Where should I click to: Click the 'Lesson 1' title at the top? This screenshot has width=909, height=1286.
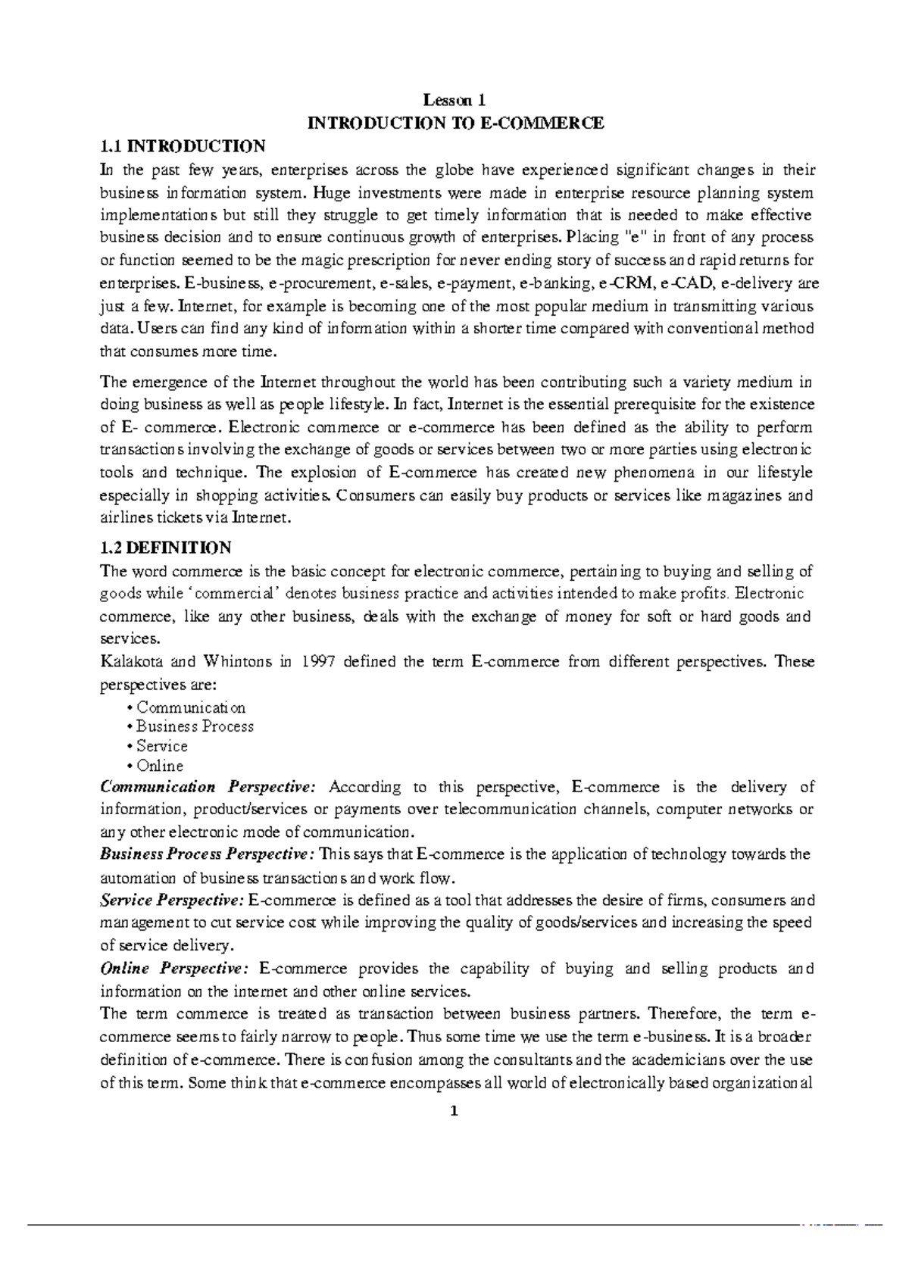454,100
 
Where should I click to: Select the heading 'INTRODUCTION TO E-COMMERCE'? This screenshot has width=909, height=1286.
454,123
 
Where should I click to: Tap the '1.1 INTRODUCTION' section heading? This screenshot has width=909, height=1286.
183,145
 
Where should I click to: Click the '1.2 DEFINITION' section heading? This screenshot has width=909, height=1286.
166,547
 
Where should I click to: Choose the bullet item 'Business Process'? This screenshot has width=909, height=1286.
195,726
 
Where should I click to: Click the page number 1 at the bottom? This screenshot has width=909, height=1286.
454,1112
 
